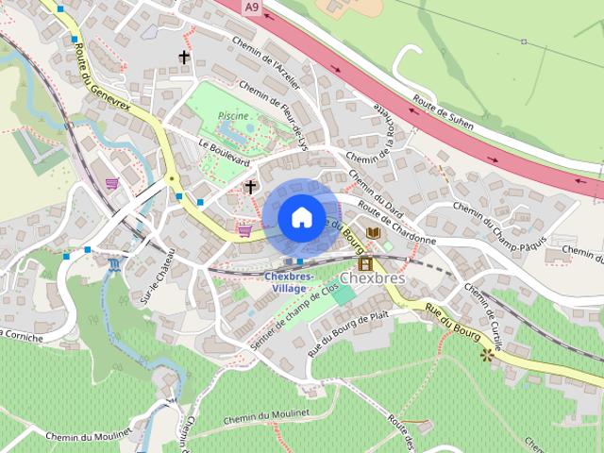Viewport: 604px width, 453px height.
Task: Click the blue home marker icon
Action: coord(300,217)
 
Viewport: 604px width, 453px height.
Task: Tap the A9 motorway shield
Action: coord(250,8)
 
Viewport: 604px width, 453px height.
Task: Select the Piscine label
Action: coord(232,114)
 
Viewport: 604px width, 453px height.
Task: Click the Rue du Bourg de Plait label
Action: coord(347,329)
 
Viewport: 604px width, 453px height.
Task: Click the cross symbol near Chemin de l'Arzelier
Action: coord(183,58)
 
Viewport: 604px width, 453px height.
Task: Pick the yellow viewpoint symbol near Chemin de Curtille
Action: coord(488,355)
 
